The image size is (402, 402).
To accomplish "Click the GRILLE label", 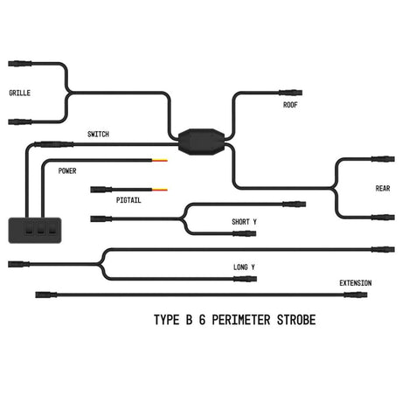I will (20, 93).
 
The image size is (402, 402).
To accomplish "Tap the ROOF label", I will (290, 105).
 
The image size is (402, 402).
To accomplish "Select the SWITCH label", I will (98, 134).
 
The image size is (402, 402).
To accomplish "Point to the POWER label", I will (67, 170).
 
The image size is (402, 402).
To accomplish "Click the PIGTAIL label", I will (129, 200).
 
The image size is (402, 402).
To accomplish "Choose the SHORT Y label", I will (245, 222).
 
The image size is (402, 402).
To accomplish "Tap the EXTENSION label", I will (356, 282).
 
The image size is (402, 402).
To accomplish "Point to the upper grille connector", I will (20, 64).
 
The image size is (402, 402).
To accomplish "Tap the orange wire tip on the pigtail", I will (163, 189).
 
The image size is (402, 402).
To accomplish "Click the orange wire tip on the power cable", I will (163, 162).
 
